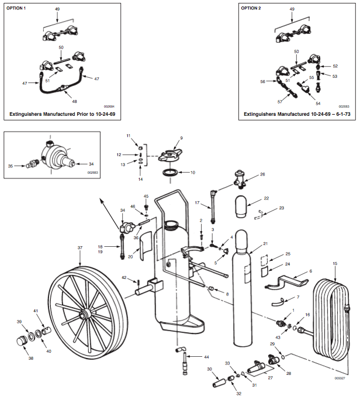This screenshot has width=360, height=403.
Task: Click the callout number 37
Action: click(x=81, y=248)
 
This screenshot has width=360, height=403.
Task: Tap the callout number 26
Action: click(x=262, y=174)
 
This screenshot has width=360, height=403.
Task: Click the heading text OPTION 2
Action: click(x=251, y=9)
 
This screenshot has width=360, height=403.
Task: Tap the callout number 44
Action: click(x=206, y=356)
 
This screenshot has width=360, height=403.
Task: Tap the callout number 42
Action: click(x=124, y=277)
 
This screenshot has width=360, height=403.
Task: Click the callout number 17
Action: click(x=197, y=203)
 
